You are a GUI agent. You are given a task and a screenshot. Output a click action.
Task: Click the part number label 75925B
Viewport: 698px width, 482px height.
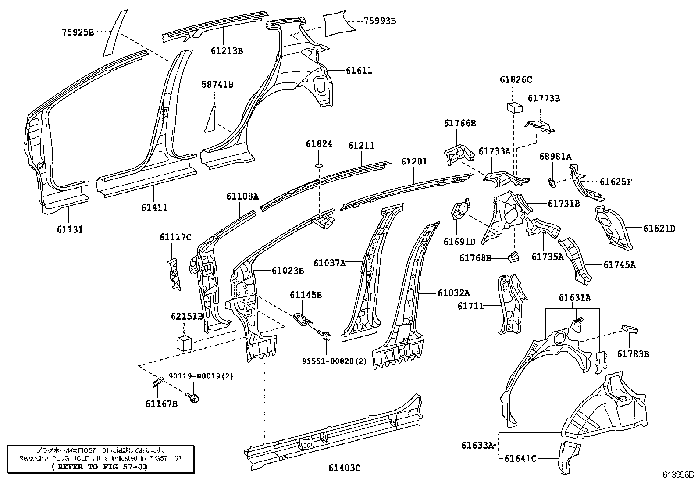[x=77, y=32]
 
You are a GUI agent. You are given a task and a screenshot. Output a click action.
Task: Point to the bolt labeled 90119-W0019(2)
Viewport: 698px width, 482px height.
[x=193, y=397]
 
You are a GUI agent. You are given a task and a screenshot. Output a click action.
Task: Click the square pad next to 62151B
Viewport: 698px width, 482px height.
[x=185, y=343]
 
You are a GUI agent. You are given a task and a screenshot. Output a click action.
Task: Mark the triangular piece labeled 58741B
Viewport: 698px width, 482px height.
[x=211, y=118]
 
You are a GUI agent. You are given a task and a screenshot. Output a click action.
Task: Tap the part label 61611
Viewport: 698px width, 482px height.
[x=359, y=70]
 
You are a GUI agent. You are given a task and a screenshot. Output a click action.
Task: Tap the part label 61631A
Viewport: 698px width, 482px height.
[x=574, y=298]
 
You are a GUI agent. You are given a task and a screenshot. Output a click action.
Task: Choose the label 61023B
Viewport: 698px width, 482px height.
[x=288, y=271]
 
